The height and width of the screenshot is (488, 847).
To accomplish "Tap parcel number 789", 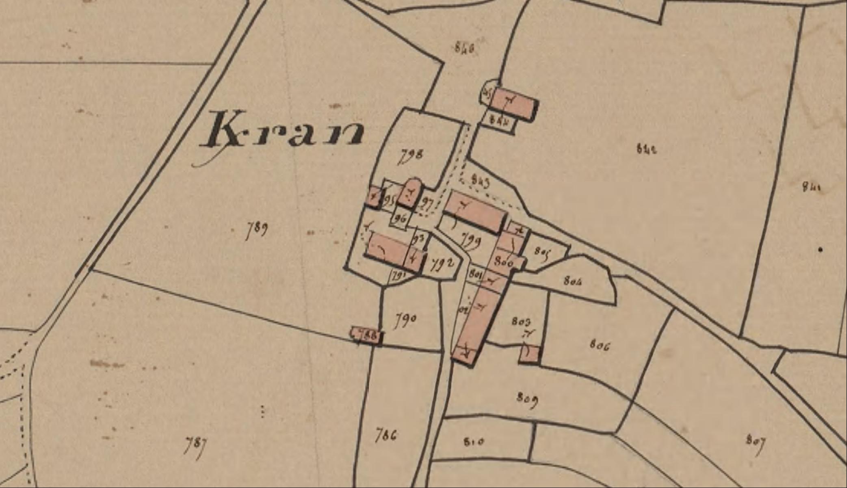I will click(x=257, y=230).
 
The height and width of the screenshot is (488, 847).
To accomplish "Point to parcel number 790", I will click(x=405, y=320).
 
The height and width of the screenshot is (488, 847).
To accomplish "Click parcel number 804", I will click(x=572, y=280).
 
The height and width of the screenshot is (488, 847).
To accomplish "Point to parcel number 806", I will click(x=600, y=345).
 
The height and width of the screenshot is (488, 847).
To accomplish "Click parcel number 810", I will click(x=474, y=441).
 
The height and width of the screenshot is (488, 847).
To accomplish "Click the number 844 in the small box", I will click(x=499, y=121).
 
